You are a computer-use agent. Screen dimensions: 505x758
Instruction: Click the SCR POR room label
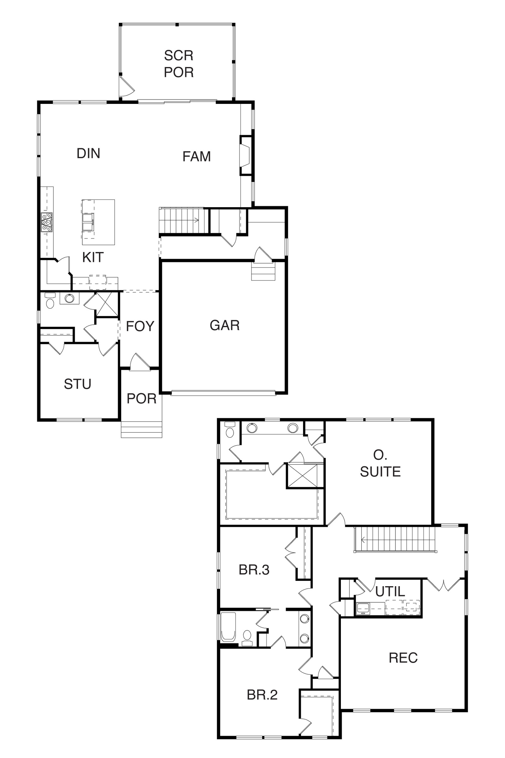[x=179, y=64]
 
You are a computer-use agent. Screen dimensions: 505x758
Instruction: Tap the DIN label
[x=89, y=153]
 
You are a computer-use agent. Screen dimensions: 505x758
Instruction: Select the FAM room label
[x=196, y=157]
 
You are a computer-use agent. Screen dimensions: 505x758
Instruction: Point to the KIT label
[x=93, y=257]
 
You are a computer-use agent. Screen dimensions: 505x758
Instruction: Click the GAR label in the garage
[x=225, y=325]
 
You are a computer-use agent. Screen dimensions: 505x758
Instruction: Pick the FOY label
[x=140, y=326]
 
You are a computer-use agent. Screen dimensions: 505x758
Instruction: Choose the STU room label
[x=78, y=384]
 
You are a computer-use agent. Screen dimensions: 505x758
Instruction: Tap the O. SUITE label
[x=380, y=463]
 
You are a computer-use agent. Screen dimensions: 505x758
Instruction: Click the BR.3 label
[x=254, y=570]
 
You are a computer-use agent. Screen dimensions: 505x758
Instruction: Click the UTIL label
[x=390, y=591]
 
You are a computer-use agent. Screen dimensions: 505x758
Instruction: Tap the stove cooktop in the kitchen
[x=46, y=222]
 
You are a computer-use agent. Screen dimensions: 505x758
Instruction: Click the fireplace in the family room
[x=246, y=155]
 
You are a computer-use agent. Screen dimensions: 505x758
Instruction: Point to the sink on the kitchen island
[x=88, y=222]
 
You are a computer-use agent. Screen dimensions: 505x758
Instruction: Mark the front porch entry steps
[x=141, y=430]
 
